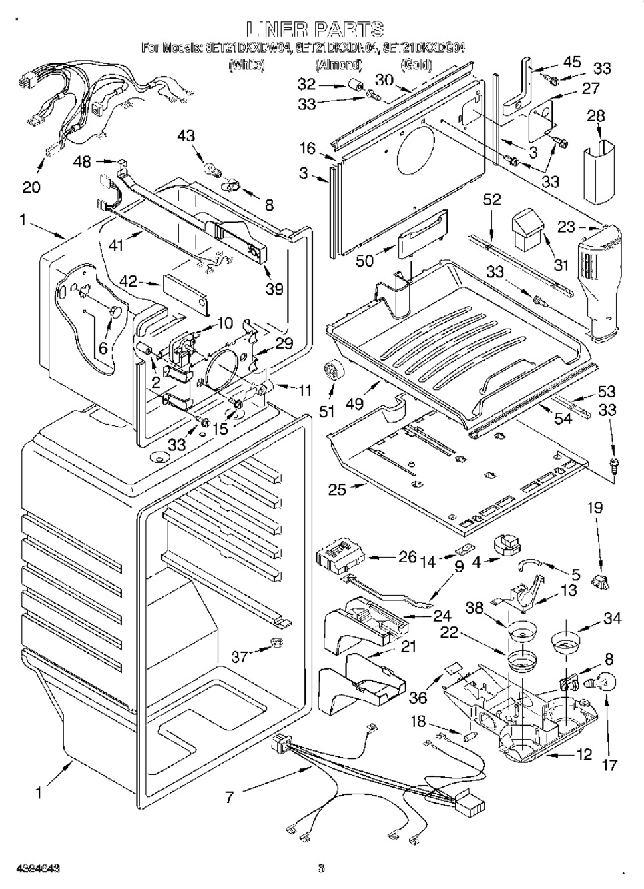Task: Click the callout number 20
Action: click(x=31, y=187)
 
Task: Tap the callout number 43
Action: click(x=186, y=135)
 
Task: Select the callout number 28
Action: click(x=595, y=116)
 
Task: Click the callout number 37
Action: click(x=240, y=657)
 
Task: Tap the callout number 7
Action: click(x=229, y=796)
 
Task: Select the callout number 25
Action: click(x=337, y=489)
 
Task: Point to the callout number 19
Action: click(x=594, y=508)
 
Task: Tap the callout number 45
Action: click(x=572, y=62)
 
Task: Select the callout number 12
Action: click(x=584, y=754)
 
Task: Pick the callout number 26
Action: click(x=407, y=556)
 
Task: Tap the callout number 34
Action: click(x=612, y=619)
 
